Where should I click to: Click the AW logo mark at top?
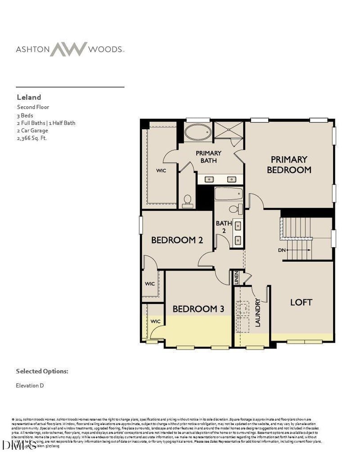(x=68, y=49)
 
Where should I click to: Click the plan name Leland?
(x=29, y=97)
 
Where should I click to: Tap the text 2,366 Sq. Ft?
(x=32, y=138)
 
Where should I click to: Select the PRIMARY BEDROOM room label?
(x=289, y=165)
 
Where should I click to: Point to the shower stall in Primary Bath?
(x=228, y=132)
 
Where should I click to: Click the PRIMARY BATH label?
(x=208, y=157)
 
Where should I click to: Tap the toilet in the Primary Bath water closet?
(x=188, y=201)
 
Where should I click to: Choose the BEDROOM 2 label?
(x=176, y=240)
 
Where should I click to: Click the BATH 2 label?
(x=223, y=227)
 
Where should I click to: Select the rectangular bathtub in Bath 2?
(x=229, y=195)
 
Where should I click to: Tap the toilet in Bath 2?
(x=234, y=209)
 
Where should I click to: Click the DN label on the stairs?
(x=282, y=250)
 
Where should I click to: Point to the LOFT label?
(x=301, y=302)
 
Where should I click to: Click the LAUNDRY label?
(x=258, y=312)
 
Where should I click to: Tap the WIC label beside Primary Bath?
(x=162, y=171)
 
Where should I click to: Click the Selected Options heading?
(x=42, y=371)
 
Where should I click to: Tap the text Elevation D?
(x=30, y=385)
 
